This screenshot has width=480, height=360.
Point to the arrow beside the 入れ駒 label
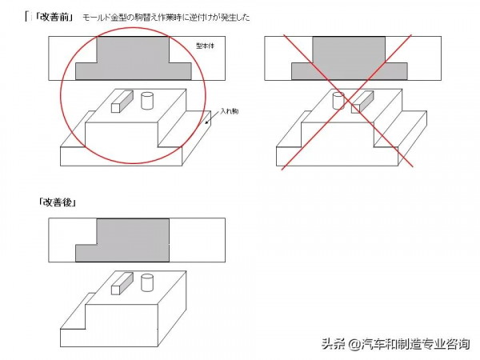(x=210, y=119)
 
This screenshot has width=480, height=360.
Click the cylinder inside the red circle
(x=146, y=101)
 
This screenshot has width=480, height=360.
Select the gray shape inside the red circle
(x=134, y=61)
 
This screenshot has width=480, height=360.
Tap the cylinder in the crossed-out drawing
(x=337, y=101)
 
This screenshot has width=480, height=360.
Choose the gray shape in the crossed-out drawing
(x=350, y=61)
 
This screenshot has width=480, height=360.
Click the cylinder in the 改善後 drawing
(x=146, y=282)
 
